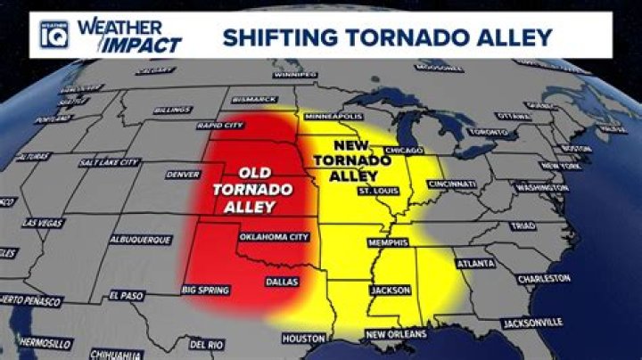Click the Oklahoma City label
click(x=274, y=237)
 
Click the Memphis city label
click(x=388, y=241)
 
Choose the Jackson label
click(x=390, y=290)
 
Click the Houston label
click(x=302, y=339)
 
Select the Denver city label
click(x=183, y=175)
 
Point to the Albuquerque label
click(x=140, y=240)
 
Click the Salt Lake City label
click(x=109, y=162)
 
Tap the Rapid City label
click(x=221, y=126)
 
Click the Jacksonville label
click(x=532, y=321)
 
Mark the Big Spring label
click(x=204, y=290)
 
